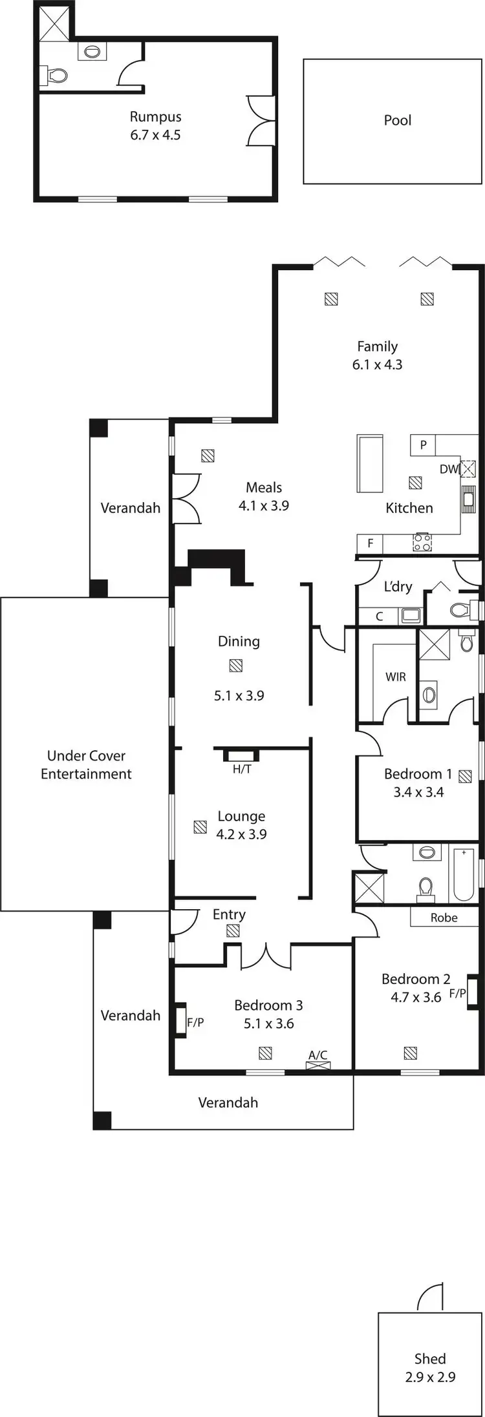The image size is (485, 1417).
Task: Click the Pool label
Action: (x=397, y=120)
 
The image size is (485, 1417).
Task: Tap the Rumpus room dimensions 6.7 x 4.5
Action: (x=155, y=135)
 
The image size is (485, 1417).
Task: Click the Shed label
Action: (x=430, y=1358)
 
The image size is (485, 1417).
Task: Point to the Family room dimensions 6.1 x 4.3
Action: (x=377, y=364)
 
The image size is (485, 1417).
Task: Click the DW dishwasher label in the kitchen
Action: (x=448, y=469)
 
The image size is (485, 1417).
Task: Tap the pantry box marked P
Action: (x=423, y=445)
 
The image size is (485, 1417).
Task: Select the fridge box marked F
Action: (x=370, y=543)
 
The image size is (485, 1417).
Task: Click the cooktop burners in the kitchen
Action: (x=422, y=542)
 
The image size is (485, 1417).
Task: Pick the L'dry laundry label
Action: (x=398, y=586)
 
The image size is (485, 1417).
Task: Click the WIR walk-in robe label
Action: (x=395, y=677)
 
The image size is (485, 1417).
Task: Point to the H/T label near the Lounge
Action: (x=242, y=769)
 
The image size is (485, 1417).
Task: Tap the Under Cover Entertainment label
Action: (x=86, y=764)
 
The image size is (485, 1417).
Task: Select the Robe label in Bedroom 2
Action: (x=444, y=918)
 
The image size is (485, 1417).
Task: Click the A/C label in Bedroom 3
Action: (x=318, y=1055)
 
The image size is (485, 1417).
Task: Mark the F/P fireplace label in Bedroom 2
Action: (x=457, y=993)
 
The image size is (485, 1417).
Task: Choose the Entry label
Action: (x=229, y=914)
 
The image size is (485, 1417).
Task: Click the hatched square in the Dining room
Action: (x=235, y=666)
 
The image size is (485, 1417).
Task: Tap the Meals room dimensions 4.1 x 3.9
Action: (x=264, y=505)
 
